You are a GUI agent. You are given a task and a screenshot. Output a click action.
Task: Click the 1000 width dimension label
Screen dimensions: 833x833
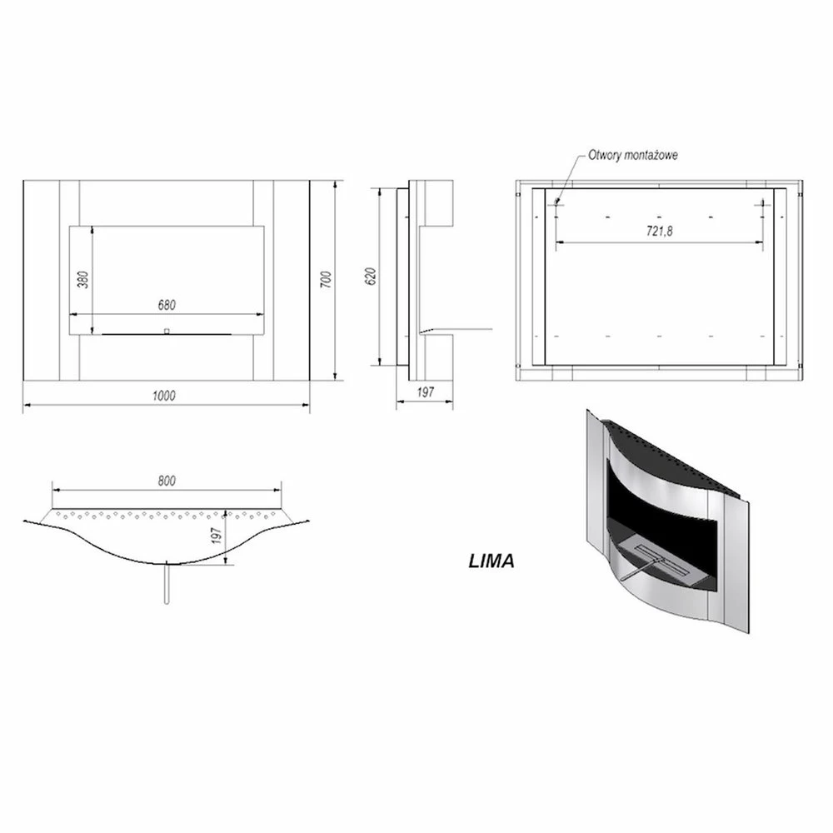pos(163,395)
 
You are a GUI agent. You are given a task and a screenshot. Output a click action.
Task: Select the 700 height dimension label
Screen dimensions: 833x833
pos(326,279)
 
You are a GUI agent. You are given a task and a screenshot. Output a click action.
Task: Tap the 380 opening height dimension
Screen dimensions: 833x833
pos(83,279)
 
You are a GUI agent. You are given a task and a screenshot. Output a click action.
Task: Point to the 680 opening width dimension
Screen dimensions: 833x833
pos(167,305)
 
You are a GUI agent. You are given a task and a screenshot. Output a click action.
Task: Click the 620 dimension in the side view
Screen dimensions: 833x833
pos(371,276)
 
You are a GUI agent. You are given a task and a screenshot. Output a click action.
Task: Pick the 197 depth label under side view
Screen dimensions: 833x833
pos(425,392)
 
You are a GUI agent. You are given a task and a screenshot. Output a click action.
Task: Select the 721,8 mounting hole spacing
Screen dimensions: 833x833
pos(659,231)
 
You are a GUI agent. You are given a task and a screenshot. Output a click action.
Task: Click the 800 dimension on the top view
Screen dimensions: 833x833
pos(167,481)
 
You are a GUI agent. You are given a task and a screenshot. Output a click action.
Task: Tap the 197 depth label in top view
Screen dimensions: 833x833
pos(216,536)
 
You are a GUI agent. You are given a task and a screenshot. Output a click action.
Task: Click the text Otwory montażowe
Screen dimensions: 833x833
pos(633,155)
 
